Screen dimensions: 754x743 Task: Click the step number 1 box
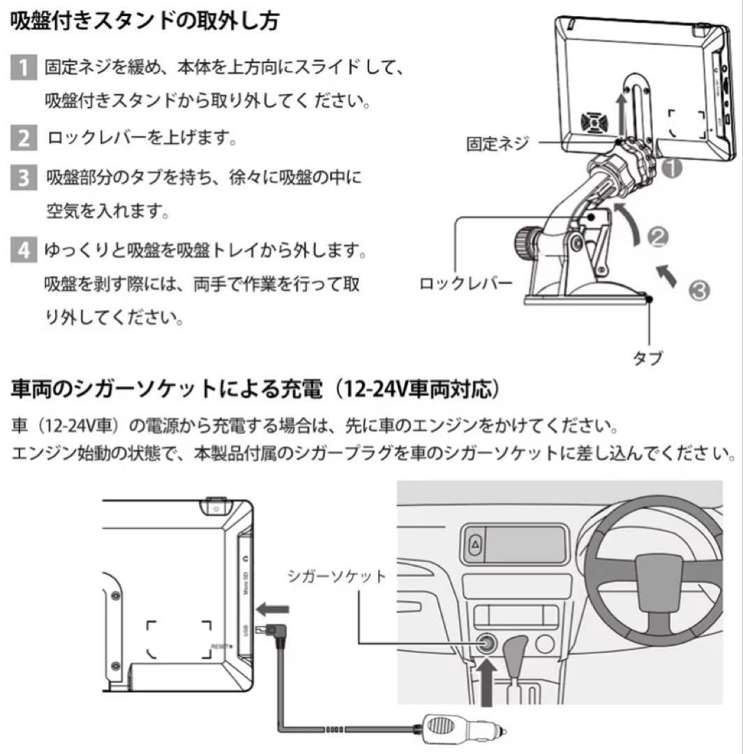click(x=23, y=69)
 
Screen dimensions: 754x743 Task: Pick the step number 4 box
click(x=23, y=249)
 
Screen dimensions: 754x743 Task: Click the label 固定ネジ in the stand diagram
click(x=497, y=144)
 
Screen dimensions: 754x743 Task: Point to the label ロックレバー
click(x=466, y=284)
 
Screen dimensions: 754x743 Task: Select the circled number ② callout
click(x=659, y=237)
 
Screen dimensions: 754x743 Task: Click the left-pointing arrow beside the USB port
click(x=272, y=610)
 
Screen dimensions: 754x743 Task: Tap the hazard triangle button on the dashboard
click(x=474, y=544)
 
